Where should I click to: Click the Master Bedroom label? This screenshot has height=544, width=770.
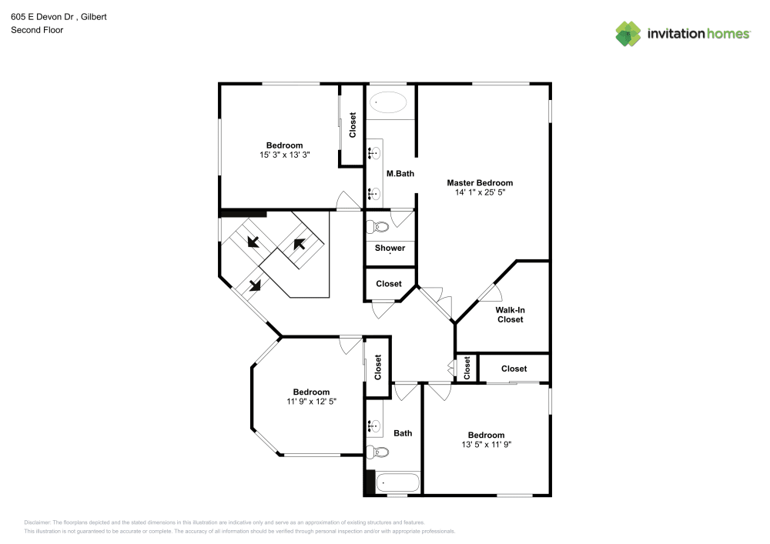pos(480,183)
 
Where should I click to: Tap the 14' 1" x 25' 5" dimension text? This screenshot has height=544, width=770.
pos(480,193)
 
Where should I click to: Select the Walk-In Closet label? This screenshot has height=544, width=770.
pos(510,314)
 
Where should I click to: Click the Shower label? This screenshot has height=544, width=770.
pos(390,248)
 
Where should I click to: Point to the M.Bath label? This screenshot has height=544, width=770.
pos(400,174)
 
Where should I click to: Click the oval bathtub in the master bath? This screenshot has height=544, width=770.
pos(390,102)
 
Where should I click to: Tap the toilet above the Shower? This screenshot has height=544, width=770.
pos(377,227)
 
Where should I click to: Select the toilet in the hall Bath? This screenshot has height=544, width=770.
pos(375,452)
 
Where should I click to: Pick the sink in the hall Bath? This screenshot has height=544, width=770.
pos(375,425)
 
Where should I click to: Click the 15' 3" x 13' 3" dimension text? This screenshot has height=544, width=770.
pos(284,155)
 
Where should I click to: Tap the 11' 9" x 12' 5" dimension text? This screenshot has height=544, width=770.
pos(311,402)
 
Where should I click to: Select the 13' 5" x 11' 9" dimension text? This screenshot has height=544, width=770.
pos(486,445)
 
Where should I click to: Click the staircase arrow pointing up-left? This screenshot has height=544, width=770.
pos(299,245)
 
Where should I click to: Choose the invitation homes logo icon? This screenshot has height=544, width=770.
pos(628,34)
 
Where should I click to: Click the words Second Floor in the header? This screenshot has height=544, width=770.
pos(37,30)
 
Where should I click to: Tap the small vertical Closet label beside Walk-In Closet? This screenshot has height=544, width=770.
pos(467,368)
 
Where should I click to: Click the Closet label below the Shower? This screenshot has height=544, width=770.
pos(389,284)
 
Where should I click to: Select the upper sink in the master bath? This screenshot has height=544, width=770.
pos(374,153)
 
